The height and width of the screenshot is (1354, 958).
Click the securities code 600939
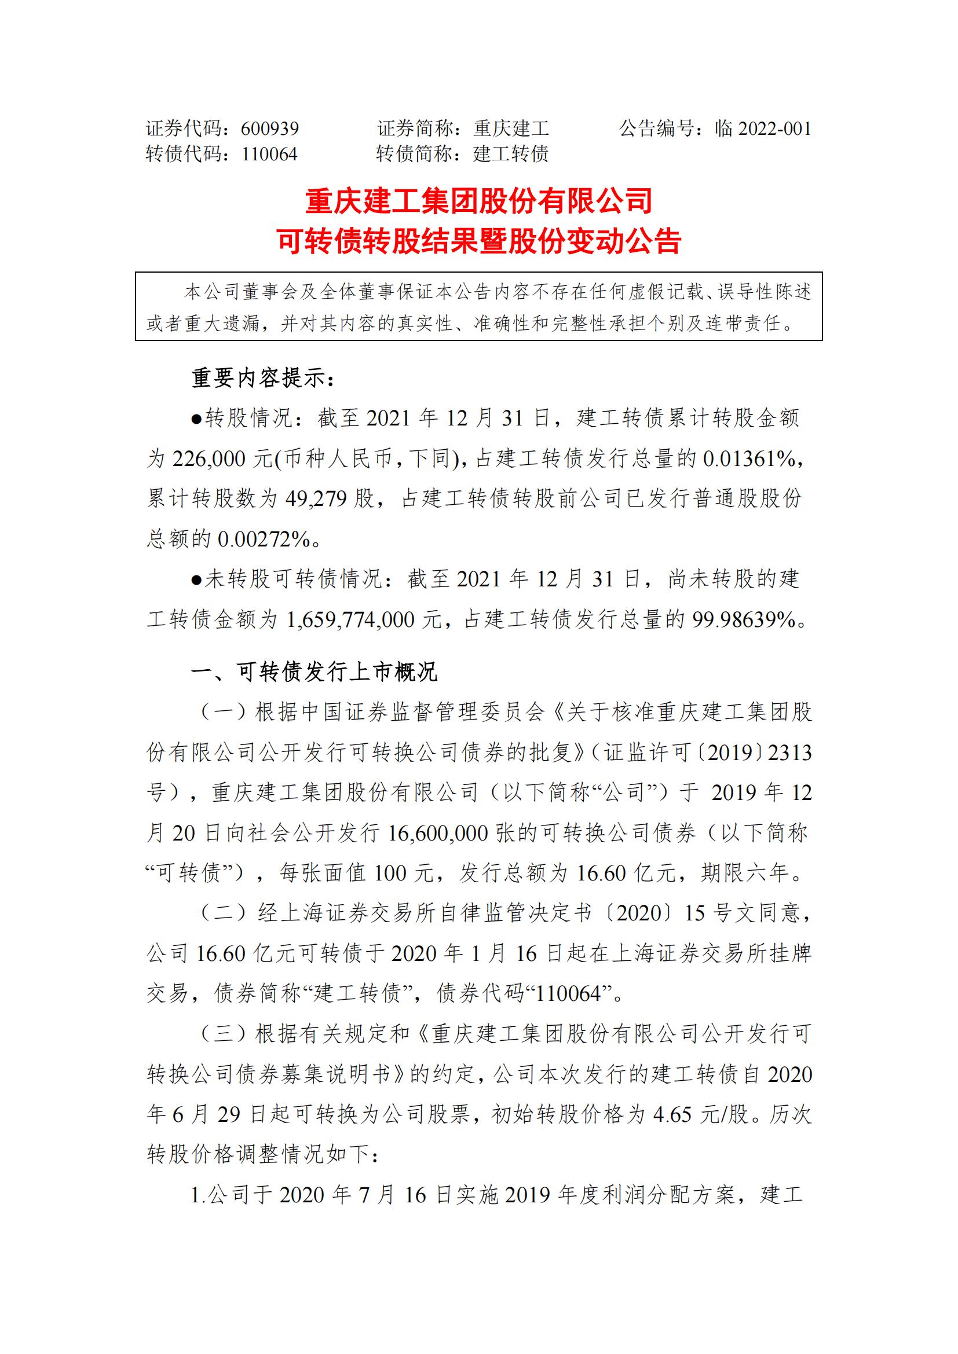pos(269,129)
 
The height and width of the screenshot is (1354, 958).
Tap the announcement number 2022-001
pos(774,129)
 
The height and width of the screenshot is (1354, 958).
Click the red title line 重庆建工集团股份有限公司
pos(478,201)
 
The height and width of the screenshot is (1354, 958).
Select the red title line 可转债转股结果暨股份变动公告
pos(478,241)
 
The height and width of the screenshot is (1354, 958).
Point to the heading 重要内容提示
pos(262,378)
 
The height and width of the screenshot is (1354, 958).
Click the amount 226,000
pos(209,458)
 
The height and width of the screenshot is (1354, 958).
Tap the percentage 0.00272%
pos(264,538)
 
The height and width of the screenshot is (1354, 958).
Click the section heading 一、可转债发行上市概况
pos(314,672)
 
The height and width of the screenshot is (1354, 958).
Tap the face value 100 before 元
pos(390,873)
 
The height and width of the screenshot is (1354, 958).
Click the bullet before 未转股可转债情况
pos(196,579)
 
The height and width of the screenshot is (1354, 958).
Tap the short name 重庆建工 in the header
pos(511,129)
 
